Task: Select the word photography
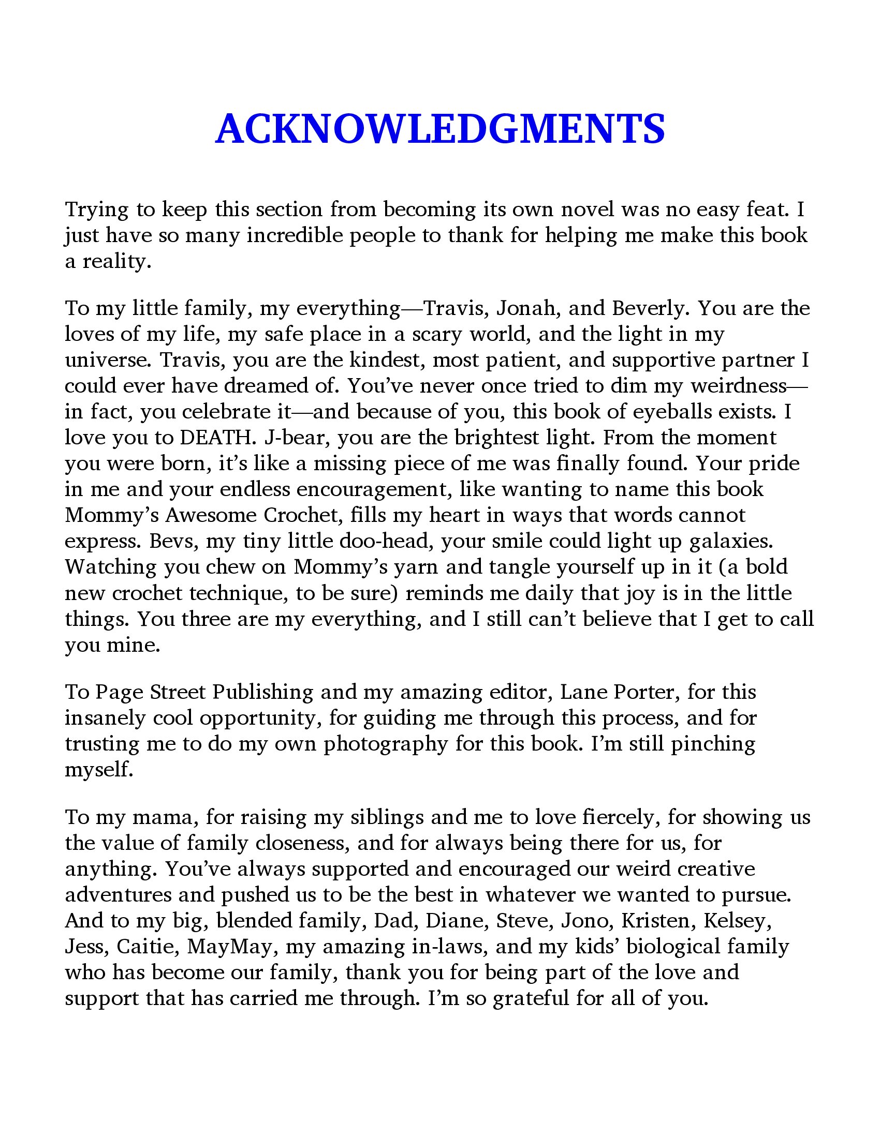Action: (x=386, y=743)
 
